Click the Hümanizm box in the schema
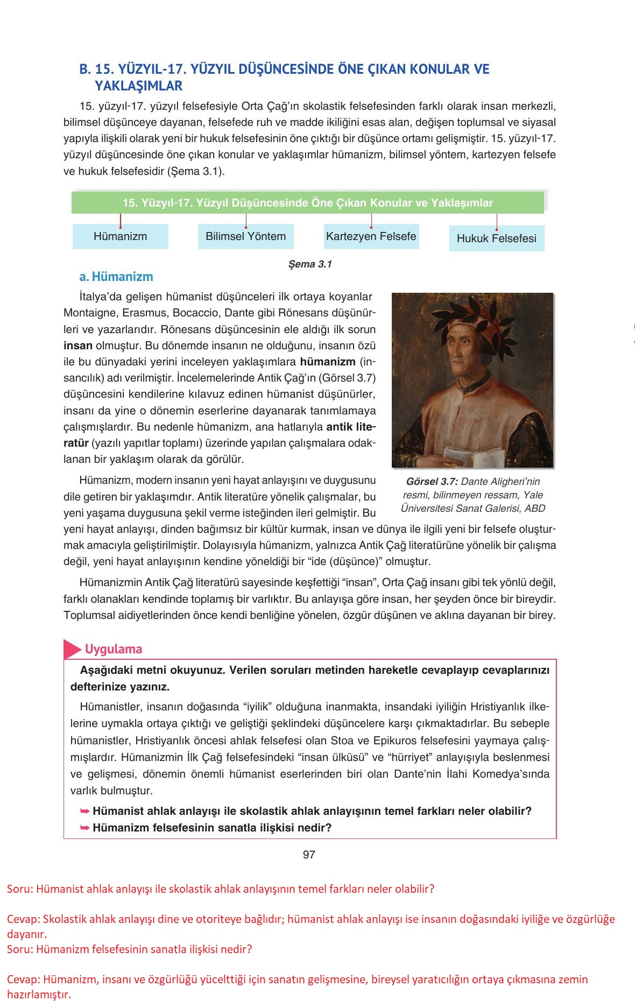tap(120, 236)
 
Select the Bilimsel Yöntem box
tap(245, 236)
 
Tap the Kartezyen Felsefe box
tap(371, 236)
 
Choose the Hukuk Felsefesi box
tap(496, 238)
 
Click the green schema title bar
tap(307, 203)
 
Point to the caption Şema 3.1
tap(311, 264)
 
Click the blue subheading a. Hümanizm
tap(116, 277)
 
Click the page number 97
tap(309, 855)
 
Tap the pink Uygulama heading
tap(113, 649)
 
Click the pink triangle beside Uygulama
tap(72, 649)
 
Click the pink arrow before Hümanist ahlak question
tap(84, 810)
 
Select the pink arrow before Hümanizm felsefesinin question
tap(84, 827)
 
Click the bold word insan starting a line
tap(78, 346)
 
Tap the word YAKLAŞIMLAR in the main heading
tap(138, 86)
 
